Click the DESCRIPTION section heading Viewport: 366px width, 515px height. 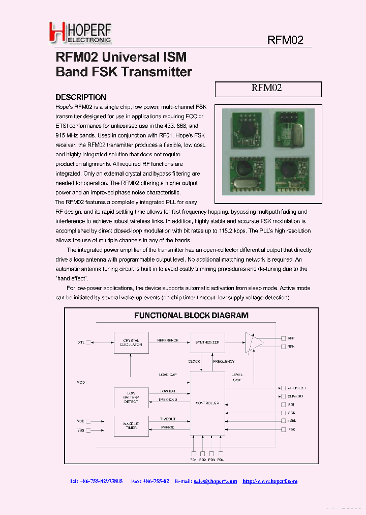(x=80, y=97)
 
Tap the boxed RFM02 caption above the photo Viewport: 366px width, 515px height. (x=268, y=89)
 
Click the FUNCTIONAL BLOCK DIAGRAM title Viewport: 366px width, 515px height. (x=191, y=316)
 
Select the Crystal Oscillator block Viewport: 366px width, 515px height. (x=131, y=342)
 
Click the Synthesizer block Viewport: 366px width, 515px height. (x=207, y=342)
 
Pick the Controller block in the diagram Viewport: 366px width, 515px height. (x=207, y=403)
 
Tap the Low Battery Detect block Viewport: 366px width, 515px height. (x=131, y=397)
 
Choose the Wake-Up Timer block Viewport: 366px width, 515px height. (x=131, y=425)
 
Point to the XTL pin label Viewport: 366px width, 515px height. (x=81, y=342)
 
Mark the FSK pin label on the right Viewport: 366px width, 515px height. (x=291, y=430)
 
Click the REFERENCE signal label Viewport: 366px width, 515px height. (x=167, y=339)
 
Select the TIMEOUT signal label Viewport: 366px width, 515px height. (x=167, y=419)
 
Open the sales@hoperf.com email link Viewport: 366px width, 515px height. (x=215, y=481)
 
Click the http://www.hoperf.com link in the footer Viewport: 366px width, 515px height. (x=269, y=481)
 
